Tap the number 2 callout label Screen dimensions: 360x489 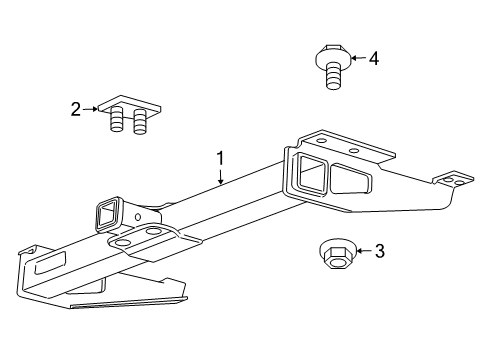tap(75, 110)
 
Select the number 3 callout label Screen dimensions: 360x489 tap(379, 251)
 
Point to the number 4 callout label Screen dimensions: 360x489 tap(374, 58)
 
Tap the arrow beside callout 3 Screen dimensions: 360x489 tap(359, 251)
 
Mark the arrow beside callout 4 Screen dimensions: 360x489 tap(355, 58)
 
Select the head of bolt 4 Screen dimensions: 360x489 tap(333, 56)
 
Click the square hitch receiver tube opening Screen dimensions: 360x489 tap(105, 213)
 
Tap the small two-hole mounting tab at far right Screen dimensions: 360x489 tap(454, 181)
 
